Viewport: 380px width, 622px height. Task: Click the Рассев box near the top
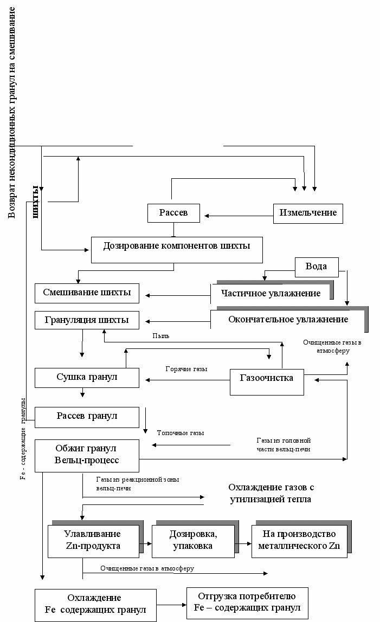pyautogui.click(x=173, y=213)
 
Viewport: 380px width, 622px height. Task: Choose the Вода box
pyautogui.click(x=317, y=267)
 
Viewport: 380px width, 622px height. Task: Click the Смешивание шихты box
pyautogui.click(x=87, y=293)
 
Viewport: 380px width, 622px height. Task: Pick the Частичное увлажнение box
pyautogui.click(x=271, y=293)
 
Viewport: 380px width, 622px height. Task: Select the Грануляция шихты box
pyautogui.click(x=87, y=320)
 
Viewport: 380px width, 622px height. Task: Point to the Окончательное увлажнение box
pyautogui.click(x=287, y=320)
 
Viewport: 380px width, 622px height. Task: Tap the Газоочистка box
pyautogui.click(x=266, y=378)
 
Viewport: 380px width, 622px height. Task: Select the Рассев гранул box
pyautogui.click(x=87, y=416)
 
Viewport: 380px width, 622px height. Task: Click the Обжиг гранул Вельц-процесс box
pyautogui.click(x=87, y=455)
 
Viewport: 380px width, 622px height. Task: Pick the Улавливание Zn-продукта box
pyautogui.click(x=92, y=540)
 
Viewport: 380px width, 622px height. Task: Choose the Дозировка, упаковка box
pyautogui.click(x=193, y=540)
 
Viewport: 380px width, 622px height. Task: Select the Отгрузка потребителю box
pyautogui.click(x=247, y=602)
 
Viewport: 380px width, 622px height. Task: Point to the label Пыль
pyautogui.click(x=161, y=336)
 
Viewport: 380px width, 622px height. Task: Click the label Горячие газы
pyautogui.click(x=186, y=369)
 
